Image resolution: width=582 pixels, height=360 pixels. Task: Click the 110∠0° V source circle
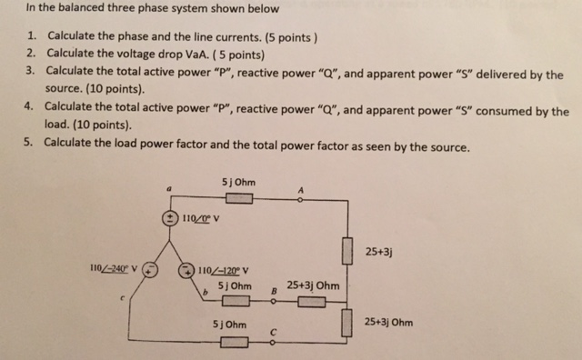[170, 218]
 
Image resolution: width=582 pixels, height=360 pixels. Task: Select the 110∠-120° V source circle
[186, 269]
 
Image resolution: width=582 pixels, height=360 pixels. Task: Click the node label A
[301, 189]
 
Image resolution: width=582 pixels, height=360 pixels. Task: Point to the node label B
[275, 292]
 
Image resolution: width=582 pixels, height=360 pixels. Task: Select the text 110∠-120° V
[226, 269]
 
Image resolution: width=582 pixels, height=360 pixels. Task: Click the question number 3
[30, 70]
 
